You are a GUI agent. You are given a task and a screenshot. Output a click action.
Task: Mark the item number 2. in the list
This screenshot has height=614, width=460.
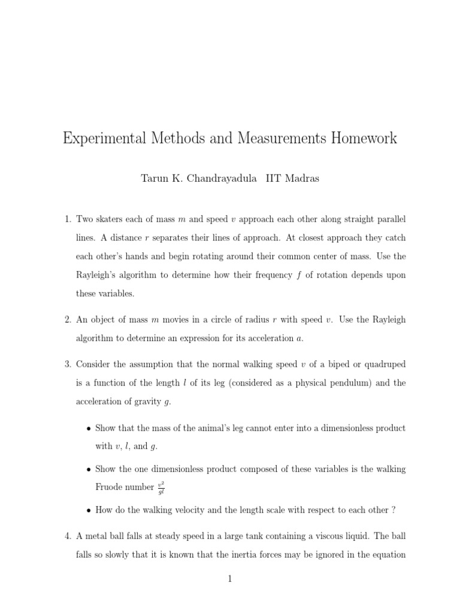pos(68,320)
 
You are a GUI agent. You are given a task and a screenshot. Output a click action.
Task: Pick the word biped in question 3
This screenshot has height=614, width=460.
pos(330,364)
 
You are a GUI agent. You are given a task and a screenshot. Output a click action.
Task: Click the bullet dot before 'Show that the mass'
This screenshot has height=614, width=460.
pos(89,429)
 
